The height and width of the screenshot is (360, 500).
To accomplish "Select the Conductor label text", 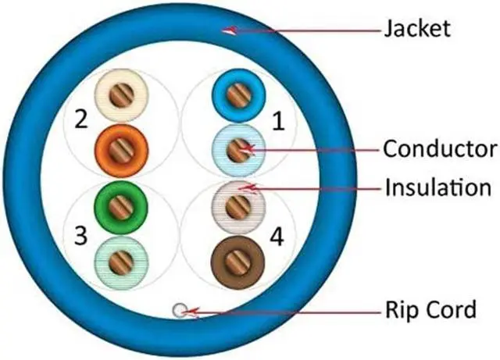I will tap(441, 148).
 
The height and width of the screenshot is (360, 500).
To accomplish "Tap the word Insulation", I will tap(437, 188).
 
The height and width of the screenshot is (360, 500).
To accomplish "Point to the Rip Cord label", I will tap(430, 310).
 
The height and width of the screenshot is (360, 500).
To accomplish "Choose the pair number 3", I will tap(79, 235).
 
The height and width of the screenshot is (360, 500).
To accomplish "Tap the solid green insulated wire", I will tap(120, 207).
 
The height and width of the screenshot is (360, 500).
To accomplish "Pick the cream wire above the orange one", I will tap(120, 95).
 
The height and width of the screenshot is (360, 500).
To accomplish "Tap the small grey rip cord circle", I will tap(180, 311).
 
